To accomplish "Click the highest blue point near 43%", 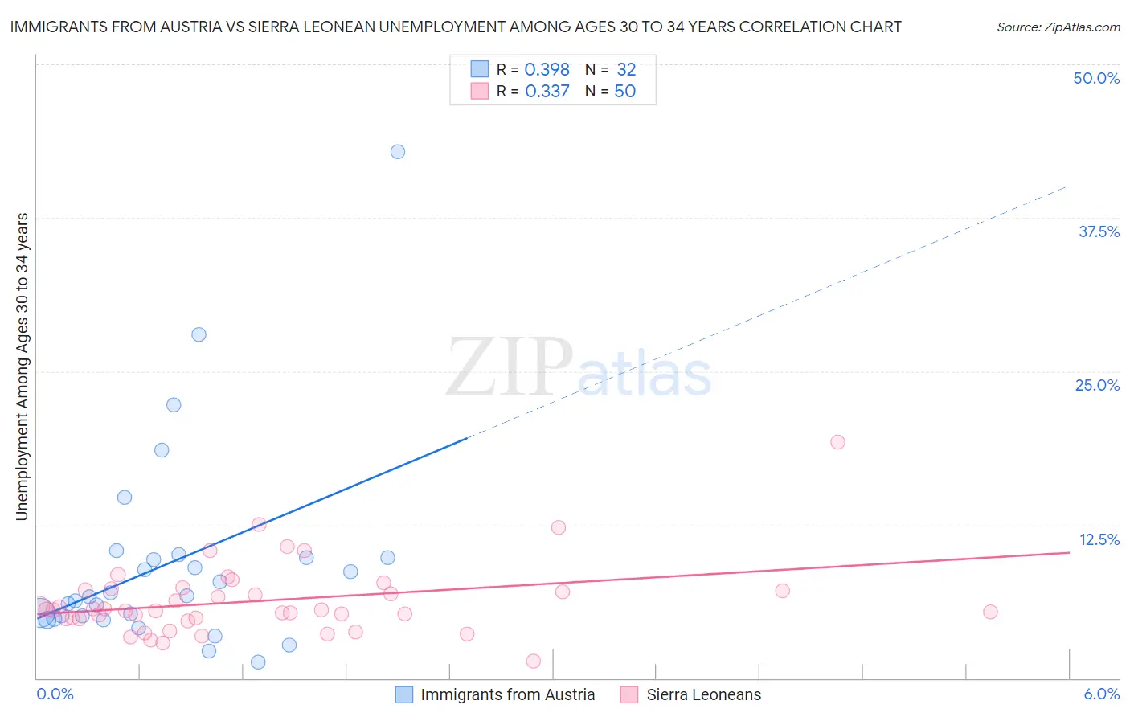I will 397,152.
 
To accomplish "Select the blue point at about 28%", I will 199,334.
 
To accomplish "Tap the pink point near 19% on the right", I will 837,442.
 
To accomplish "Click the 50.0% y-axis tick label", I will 1096,78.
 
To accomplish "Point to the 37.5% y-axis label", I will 1099,231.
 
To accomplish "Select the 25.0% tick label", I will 1097,385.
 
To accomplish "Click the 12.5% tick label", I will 1099,539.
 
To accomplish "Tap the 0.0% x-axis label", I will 55,694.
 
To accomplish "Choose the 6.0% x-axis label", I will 1101,694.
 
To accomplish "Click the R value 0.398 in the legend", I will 547,70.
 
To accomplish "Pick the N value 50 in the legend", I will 624,92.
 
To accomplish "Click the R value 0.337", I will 547,92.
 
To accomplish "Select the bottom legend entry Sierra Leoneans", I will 703,695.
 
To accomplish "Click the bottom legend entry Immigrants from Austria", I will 507,695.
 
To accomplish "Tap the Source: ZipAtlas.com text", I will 1058,27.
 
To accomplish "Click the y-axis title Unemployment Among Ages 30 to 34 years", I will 23,367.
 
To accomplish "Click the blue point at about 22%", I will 174,405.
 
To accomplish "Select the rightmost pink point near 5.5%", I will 990,612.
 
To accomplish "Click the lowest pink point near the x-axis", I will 533,661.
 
